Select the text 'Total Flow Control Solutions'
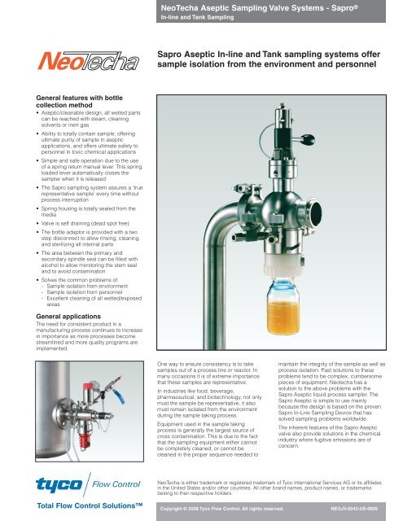pos(68,507)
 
